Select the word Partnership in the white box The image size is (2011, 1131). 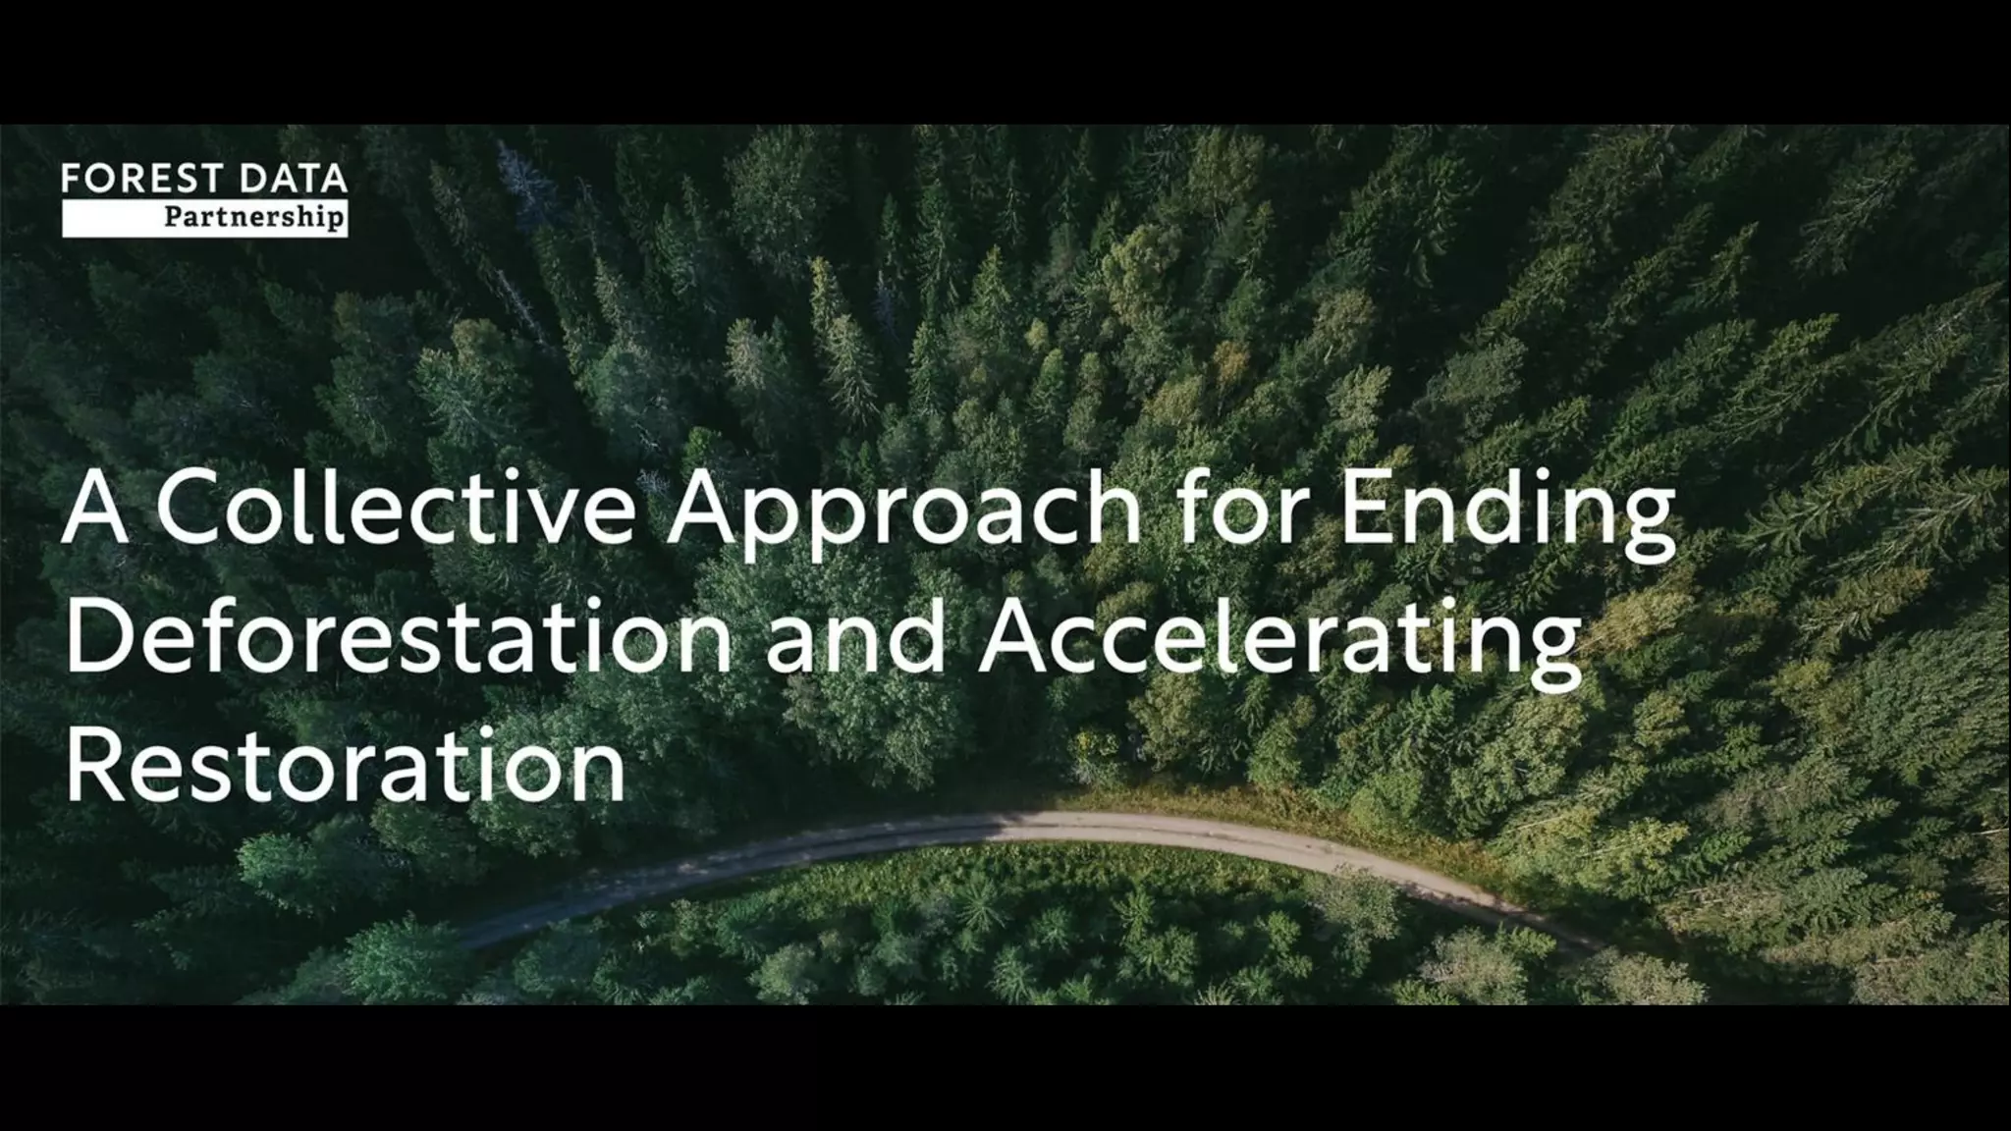coord(254,217)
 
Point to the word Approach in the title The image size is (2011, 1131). coord(902,515)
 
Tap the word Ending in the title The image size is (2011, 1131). coord(1508,515)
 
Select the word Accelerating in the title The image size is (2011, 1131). coord(1278,643)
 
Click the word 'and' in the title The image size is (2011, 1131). coord(855,640)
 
